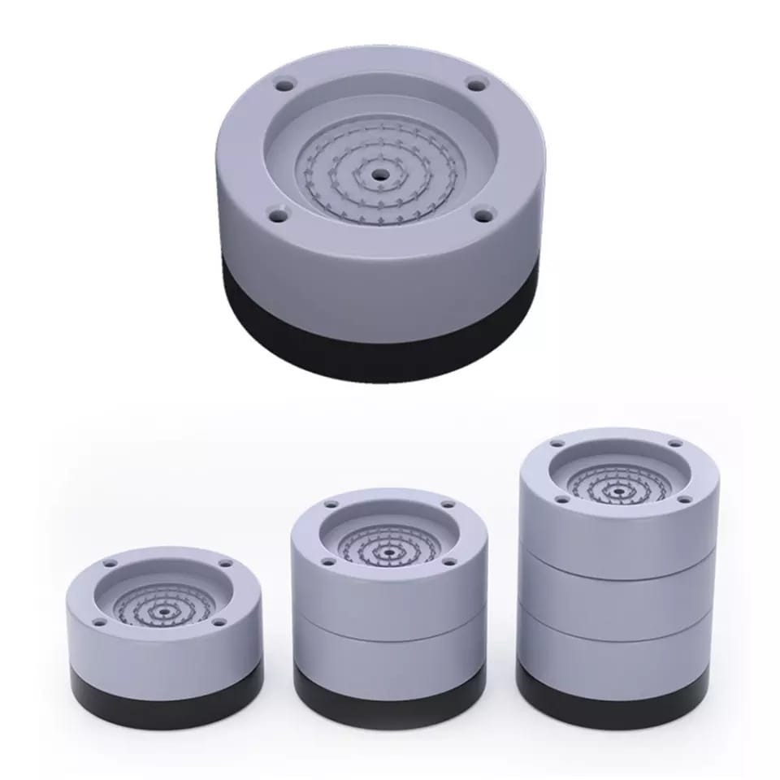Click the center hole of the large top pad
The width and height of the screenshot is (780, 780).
tap(380, 173)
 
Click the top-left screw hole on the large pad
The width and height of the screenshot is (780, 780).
tap(284, 84)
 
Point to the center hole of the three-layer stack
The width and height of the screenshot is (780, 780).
tap(618, 491)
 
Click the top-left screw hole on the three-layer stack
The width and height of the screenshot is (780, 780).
tap(558, 444)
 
